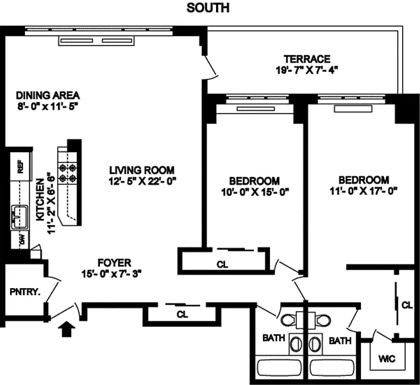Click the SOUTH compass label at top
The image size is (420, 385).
(208, 8)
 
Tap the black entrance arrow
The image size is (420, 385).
(67, 329)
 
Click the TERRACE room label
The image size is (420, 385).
(307, 59)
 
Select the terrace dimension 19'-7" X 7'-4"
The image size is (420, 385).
(307, 70)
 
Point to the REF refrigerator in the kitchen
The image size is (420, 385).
(21, 166)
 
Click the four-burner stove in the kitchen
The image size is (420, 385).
(67, 173)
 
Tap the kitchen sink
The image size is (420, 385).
(19, 217)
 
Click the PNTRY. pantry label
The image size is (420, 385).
(25, 292)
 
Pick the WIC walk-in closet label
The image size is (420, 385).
(387, 359)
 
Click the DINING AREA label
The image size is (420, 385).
(48, 95)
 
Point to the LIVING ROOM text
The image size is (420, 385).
(142, 170)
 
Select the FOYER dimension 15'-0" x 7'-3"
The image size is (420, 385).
(111, 274)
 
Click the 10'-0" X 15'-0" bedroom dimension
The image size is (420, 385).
(255, 192)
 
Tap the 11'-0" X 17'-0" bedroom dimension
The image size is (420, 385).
(364, 191)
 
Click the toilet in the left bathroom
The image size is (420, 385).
(288, 320)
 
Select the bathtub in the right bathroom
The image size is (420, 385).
(332, 368)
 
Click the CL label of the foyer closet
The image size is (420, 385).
(182, 314)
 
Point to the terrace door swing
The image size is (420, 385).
(212, 69)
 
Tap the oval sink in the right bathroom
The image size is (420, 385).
(314, 343)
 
